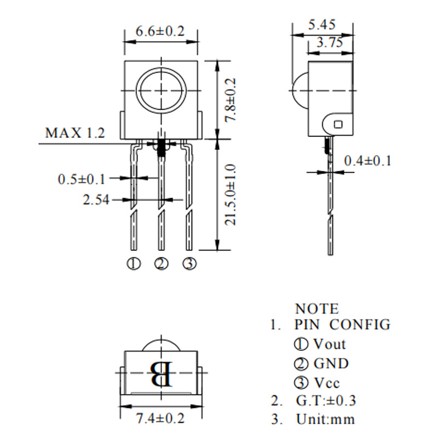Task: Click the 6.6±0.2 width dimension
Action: [x=160, y=32]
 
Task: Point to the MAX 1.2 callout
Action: [x=74, y=132]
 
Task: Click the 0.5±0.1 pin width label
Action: [x=82, y=178]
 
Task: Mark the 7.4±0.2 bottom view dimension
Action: [x=160, y=419]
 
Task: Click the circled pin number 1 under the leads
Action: [x=134, y=264]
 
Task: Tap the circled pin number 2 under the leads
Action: [x=162, y=264]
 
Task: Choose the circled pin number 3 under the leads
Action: [x=189, y=264]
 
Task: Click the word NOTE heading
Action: [x=317, y=309]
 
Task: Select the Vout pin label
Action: [x=329, y=344]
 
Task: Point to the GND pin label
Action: [x=331, y=363]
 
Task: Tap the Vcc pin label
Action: [x=327, y=382]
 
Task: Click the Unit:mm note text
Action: [x=325, y=419]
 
